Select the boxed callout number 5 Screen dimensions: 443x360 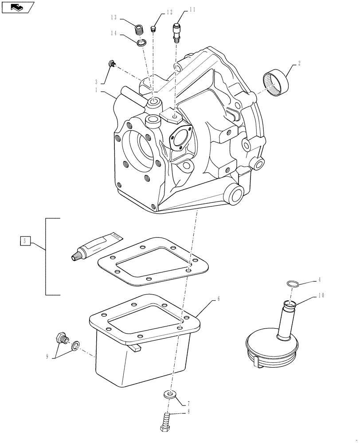25,241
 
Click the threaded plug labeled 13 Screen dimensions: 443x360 140,31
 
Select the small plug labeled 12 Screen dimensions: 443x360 153,29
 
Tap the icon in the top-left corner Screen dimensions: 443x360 17,7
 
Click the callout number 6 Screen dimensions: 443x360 218,299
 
